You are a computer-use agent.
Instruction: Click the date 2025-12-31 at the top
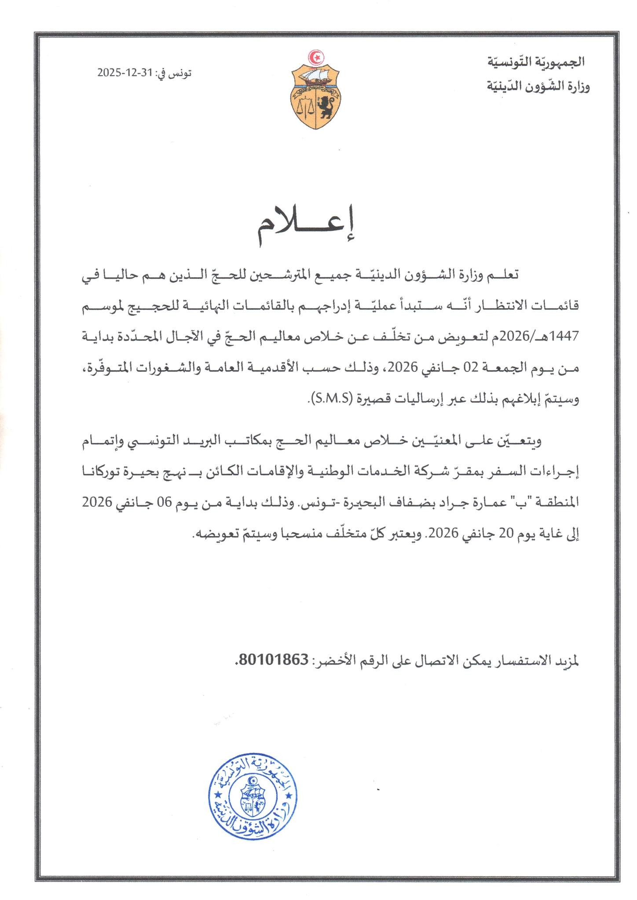(124, 73)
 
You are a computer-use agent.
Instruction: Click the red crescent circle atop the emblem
(315, 57)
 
